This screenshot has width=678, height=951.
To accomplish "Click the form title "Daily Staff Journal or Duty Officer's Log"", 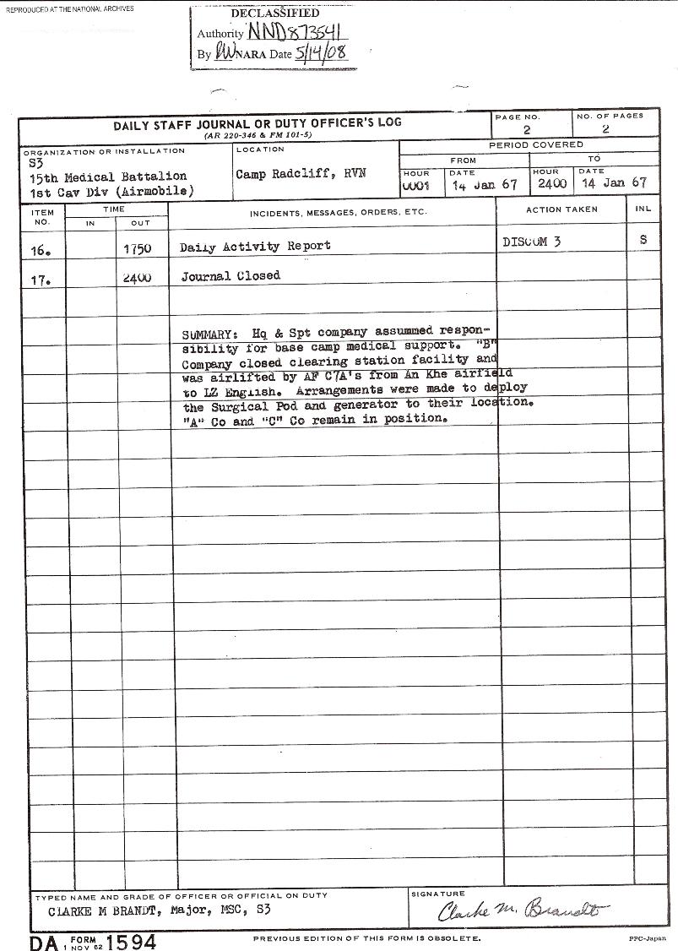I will [x=258, y=122].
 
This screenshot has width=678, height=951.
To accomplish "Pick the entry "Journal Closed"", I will [x=230, y=276].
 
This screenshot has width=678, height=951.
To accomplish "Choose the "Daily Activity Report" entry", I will [x=255, y=247].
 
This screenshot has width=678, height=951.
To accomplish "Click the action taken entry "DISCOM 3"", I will [x=531, y=242].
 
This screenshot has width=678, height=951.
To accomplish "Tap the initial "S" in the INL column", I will [x=643, y=240].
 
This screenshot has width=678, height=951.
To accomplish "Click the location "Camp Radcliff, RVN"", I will [x=288, y=175].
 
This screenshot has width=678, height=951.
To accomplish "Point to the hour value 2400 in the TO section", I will [x=552, y=182].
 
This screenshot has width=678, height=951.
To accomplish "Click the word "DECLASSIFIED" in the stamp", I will [x=274, y=14].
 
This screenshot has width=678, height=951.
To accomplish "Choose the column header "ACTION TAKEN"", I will [x=561, y=209].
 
